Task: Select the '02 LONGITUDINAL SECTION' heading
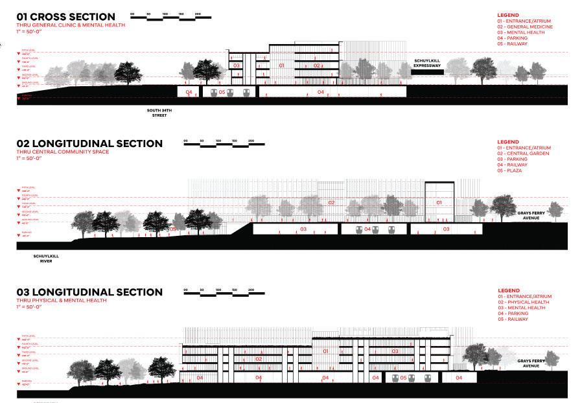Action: [x=89, y=143]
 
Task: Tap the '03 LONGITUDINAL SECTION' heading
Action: [x=89, y=292]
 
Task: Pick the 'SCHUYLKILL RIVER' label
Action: [x=46, y=259]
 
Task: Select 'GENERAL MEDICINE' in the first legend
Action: [x=528, y=27]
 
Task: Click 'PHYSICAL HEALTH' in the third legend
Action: [x=526, y=303]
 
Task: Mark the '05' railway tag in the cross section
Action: [x=222, y=93]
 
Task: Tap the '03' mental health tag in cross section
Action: [x=237, y=66]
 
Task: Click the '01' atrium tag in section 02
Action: [x=439, y=203]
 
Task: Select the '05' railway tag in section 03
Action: [x=402, y=377]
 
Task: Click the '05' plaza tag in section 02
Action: [x=172, y=229]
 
